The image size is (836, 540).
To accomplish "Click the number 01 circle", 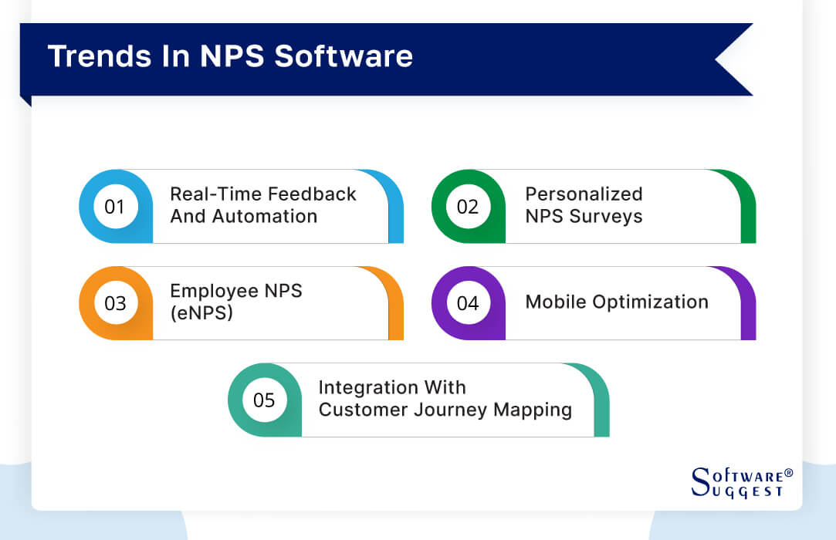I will point(114,207).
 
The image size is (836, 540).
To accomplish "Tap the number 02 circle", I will point(468,207).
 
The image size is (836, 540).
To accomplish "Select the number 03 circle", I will point(114,303).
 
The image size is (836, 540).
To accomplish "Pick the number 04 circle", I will point(468,303).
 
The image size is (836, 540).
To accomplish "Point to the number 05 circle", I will point(264,400).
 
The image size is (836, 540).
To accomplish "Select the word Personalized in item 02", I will point(584,194).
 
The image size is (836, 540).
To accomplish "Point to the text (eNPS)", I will point(201,313).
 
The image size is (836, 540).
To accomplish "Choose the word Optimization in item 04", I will point(646,302).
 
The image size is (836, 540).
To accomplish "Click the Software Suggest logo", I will point(738,482).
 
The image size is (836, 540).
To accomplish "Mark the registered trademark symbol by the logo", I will point(788,471).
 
